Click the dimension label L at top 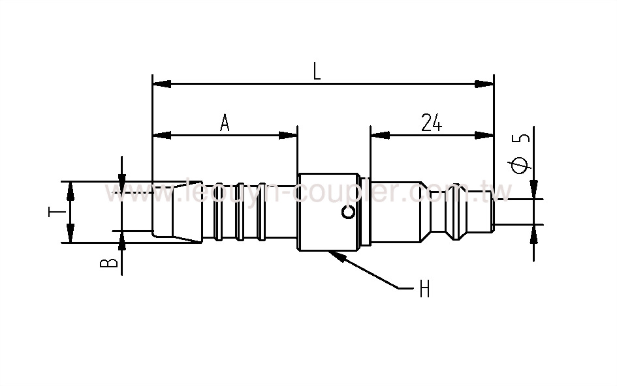317,71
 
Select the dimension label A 225,123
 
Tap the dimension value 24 432,123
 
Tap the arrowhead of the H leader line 337,255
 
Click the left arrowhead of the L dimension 161,84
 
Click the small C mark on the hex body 349,212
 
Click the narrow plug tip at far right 499,212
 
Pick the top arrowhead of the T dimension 71,190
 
